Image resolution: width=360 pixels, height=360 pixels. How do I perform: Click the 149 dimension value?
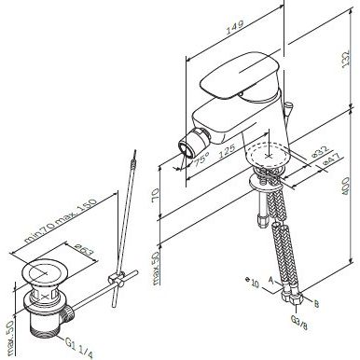(x=235, y=27)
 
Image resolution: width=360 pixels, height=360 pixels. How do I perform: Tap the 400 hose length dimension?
(x=345, y=186)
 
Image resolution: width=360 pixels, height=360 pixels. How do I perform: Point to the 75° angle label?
(x=201, y=159)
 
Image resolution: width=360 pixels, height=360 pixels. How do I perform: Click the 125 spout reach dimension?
(x=227, y=151)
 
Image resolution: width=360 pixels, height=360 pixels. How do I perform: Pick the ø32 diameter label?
(x=320, y=151)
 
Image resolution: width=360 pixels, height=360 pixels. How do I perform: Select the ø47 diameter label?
(x=331, y=160)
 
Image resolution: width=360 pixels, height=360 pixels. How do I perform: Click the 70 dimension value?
(x=156, y=195)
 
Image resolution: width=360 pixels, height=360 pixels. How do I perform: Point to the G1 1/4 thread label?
(x=79, y=348)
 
